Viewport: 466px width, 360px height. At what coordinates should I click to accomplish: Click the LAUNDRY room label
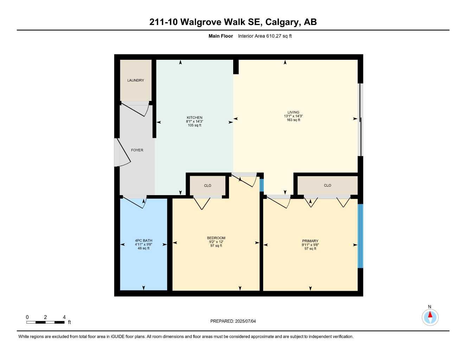[x=135, y=81]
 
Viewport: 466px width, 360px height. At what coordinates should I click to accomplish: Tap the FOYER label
[x=137, y=150]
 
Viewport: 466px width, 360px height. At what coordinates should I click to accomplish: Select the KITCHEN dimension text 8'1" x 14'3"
[x=194, y=122]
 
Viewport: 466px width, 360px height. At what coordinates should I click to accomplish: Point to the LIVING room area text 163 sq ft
[x=293, y=120]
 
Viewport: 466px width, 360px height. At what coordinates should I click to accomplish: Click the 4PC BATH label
[x=143, y=241]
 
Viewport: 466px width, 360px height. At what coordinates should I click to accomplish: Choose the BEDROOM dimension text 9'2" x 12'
[x=216, y=242]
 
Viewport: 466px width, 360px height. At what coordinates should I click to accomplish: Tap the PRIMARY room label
[x=310, y=241]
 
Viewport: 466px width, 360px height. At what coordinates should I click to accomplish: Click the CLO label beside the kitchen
[x=208, y=186]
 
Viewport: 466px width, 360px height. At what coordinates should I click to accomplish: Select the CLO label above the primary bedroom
[x=327, y=186]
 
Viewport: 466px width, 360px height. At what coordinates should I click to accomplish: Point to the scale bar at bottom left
[x=45, y=322]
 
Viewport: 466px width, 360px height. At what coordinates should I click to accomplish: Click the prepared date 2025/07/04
[x=233, y=321]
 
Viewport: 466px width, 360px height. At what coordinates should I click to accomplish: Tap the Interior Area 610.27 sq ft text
[x=265, y=36]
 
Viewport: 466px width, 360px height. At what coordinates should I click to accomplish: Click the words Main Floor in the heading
[x=221, y=36]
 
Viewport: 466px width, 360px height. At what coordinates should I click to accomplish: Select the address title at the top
[x=233, y=22]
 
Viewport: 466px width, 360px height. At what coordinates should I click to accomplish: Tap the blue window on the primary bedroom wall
[x=360, y=236]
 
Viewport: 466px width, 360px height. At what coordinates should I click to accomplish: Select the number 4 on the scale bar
[x=64, y=317]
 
